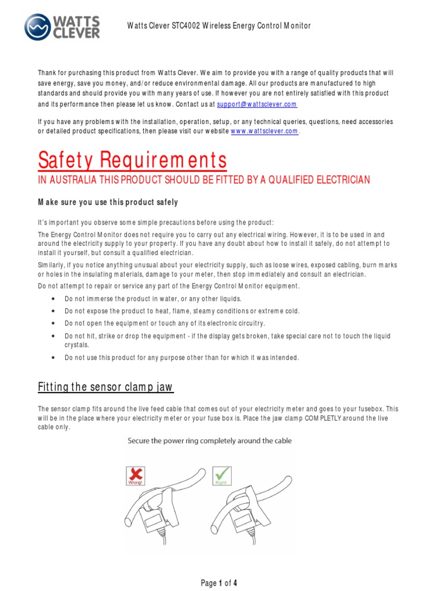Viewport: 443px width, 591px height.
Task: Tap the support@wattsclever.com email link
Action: click(x=257, y=104)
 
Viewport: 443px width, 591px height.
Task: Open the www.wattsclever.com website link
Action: click(x=264, y=131)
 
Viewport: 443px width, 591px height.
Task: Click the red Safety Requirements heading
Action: click(x=132, y=160)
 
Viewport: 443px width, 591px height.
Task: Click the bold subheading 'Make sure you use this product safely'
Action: click(x=108, y=202)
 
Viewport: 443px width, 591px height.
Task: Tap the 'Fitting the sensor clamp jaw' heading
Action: click(x=106, y=387)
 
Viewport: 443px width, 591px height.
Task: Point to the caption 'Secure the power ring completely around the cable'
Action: click(x=209, y=441)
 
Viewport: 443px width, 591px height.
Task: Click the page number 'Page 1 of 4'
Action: click(x=219, y=583)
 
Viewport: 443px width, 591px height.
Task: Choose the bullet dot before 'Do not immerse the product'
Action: click(x=53, y=299)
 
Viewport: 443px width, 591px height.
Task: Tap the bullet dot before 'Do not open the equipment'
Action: click(x=53, y=323)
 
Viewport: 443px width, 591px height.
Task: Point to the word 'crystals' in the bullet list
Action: click(x=77, y=345)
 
